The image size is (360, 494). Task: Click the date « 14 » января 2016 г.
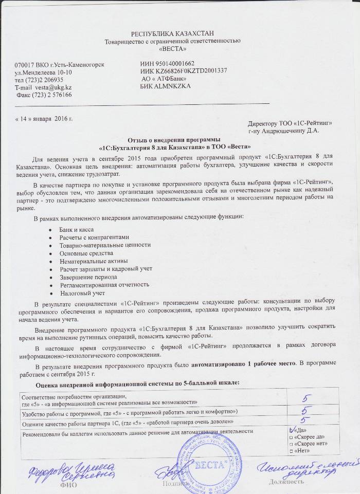coord(44,119)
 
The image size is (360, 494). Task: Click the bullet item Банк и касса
coord(77,229)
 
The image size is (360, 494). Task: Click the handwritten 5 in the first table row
coord(305,398)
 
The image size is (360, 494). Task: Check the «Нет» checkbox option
coord(292,451)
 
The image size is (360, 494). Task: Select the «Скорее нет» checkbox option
coord(292,444)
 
